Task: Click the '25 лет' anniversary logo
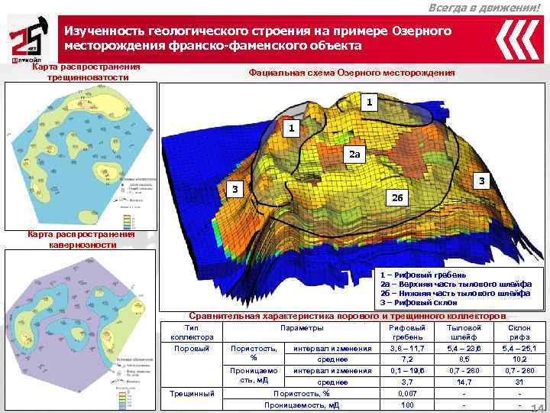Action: (26, 43)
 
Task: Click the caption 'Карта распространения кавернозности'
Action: (81, 239)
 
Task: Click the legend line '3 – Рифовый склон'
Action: (419, 302)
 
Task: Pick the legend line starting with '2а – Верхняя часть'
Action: (455, 284)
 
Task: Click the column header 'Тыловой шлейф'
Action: (464, 331)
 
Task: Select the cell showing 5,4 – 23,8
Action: (464, 349)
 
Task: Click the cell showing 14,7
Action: (464, 382)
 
